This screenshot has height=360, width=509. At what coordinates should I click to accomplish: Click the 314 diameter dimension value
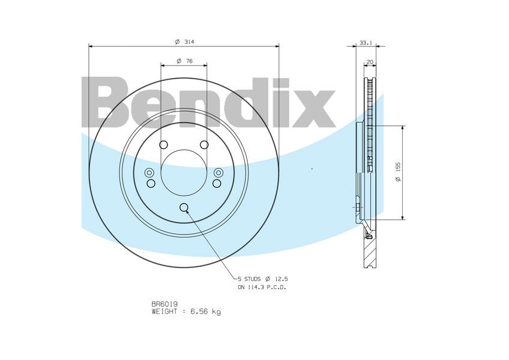189,42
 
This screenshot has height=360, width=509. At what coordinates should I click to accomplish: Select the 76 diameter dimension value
189,61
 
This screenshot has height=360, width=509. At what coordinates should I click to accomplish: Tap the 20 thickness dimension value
370,62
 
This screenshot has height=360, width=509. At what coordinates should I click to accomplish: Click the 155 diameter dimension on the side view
399,167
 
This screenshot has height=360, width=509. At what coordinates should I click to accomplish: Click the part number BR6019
164,304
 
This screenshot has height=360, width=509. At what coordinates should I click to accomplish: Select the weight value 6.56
200,311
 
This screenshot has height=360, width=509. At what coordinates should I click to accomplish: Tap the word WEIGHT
164,311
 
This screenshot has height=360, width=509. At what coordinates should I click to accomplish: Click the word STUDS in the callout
252,279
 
